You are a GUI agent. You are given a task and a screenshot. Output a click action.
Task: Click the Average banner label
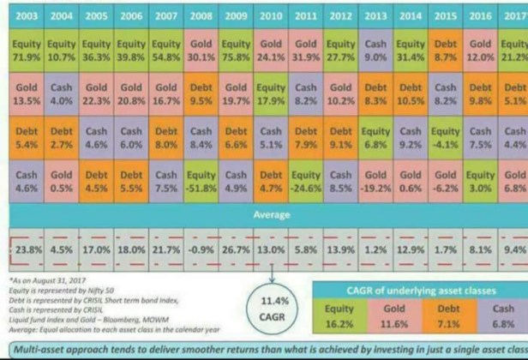[x=271, y=214]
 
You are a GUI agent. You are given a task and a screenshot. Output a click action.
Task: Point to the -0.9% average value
[x=201, y=250]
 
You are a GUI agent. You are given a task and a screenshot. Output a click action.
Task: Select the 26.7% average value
[x=236, y=250]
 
